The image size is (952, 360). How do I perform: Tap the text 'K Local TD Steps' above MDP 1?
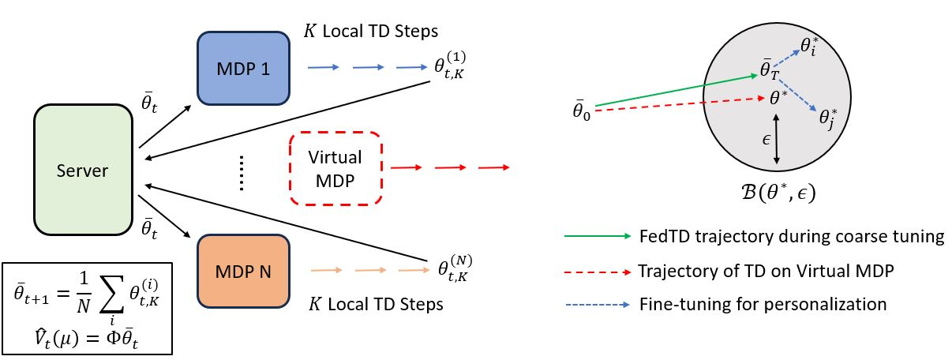[x=370, y=31]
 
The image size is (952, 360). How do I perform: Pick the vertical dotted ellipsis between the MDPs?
[x=242, y=173]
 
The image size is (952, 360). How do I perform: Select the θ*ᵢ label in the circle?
[x=809, y=45]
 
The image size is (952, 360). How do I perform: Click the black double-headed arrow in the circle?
[x=778, y=138]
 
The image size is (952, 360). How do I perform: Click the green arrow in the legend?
[x=597, y=236]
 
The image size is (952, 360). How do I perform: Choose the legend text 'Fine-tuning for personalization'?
[x=762, y=303]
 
